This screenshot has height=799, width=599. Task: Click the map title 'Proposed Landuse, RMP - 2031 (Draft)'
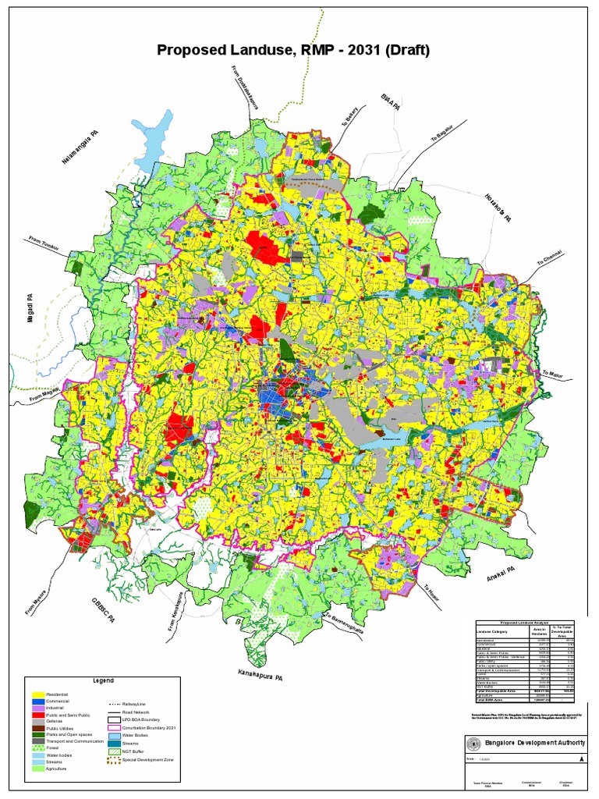click(x=293, y=50)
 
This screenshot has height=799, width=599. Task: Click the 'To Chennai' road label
click(x=549, y=258)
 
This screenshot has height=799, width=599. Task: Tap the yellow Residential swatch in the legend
click(x=37, y=694)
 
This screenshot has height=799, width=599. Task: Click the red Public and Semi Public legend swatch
click(x=37, y=714)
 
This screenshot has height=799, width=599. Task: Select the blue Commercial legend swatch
click(x=37, y=701)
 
